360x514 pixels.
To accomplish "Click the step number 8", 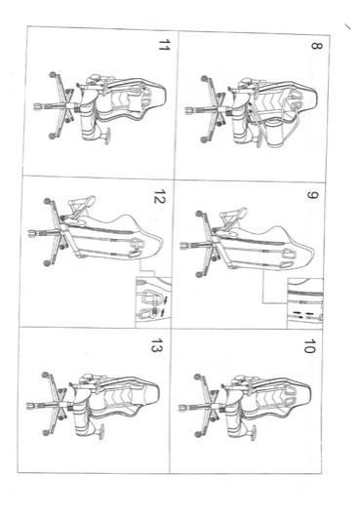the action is click(316, 46).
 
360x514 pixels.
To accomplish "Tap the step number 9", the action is click(312, 195).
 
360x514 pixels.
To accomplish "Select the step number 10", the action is click(309, 346).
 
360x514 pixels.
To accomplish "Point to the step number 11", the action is click(164, 45).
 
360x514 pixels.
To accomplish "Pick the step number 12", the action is click(160, 196).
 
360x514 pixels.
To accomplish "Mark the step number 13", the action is click(156, 345).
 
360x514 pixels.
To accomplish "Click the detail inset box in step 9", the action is click(305, 303).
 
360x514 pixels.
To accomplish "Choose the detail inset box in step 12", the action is click(153, 302).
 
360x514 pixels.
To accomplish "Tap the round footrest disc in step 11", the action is click(107, 136).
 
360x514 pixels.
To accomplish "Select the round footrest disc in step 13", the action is click(101, 431).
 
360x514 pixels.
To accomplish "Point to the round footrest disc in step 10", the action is click(254, 432).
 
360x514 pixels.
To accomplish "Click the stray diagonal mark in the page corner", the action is click(347, 27).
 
